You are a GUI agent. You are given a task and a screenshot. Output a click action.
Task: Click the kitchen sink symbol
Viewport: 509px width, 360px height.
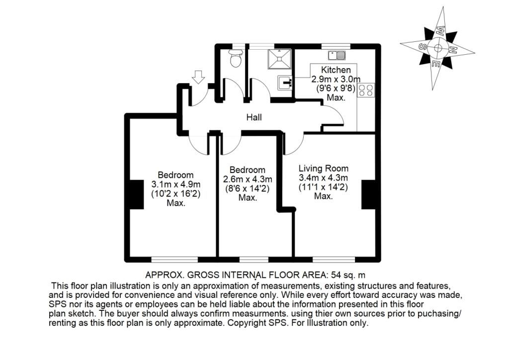click(339, 54)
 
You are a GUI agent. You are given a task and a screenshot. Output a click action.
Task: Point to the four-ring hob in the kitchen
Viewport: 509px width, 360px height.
click(366, 90)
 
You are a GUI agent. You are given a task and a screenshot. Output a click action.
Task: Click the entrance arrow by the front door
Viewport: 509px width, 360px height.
click(198, 77)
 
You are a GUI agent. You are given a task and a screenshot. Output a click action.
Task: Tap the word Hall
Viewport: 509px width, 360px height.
click(254, 118)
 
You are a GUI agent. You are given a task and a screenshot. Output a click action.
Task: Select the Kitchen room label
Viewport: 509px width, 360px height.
click(336, 70)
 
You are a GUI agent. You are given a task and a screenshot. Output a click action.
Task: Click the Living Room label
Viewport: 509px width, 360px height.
click(323, 168)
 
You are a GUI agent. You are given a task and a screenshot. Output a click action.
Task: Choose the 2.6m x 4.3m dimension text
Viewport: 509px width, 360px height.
click(247, 179)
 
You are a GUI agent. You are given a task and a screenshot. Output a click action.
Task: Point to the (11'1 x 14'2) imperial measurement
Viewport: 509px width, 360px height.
click(323, 187)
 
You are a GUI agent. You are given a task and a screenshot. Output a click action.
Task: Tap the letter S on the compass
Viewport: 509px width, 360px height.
click(423, 47)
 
